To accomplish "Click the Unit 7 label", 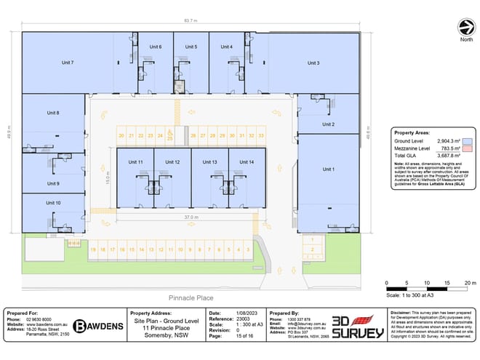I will click(x=68, y=63).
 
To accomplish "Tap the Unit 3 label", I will click(x=313, y=63).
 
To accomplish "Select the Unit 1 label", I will click(x=328, y=169).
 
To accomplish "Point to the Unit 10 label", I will click(x=53, y=203).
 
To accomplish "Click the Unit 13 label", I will click(x=209, y=161).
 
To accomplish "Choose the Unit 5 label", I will click(x=191, y=47).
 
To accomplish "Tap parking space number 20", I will click(x=121, y=135).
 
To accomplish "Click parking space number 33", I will click(x=260, y=135).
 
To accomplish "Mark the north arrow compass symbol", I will click(x=465, y=28).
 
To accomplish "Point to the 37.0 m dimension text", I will click(x=190, y=217).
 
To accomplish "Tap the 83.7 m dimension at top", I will click(x=190, y=22).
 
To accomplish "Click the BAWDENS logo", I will click(x=100, y=326).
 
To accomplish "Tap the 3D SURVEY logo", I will click(x=357, y=326).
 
